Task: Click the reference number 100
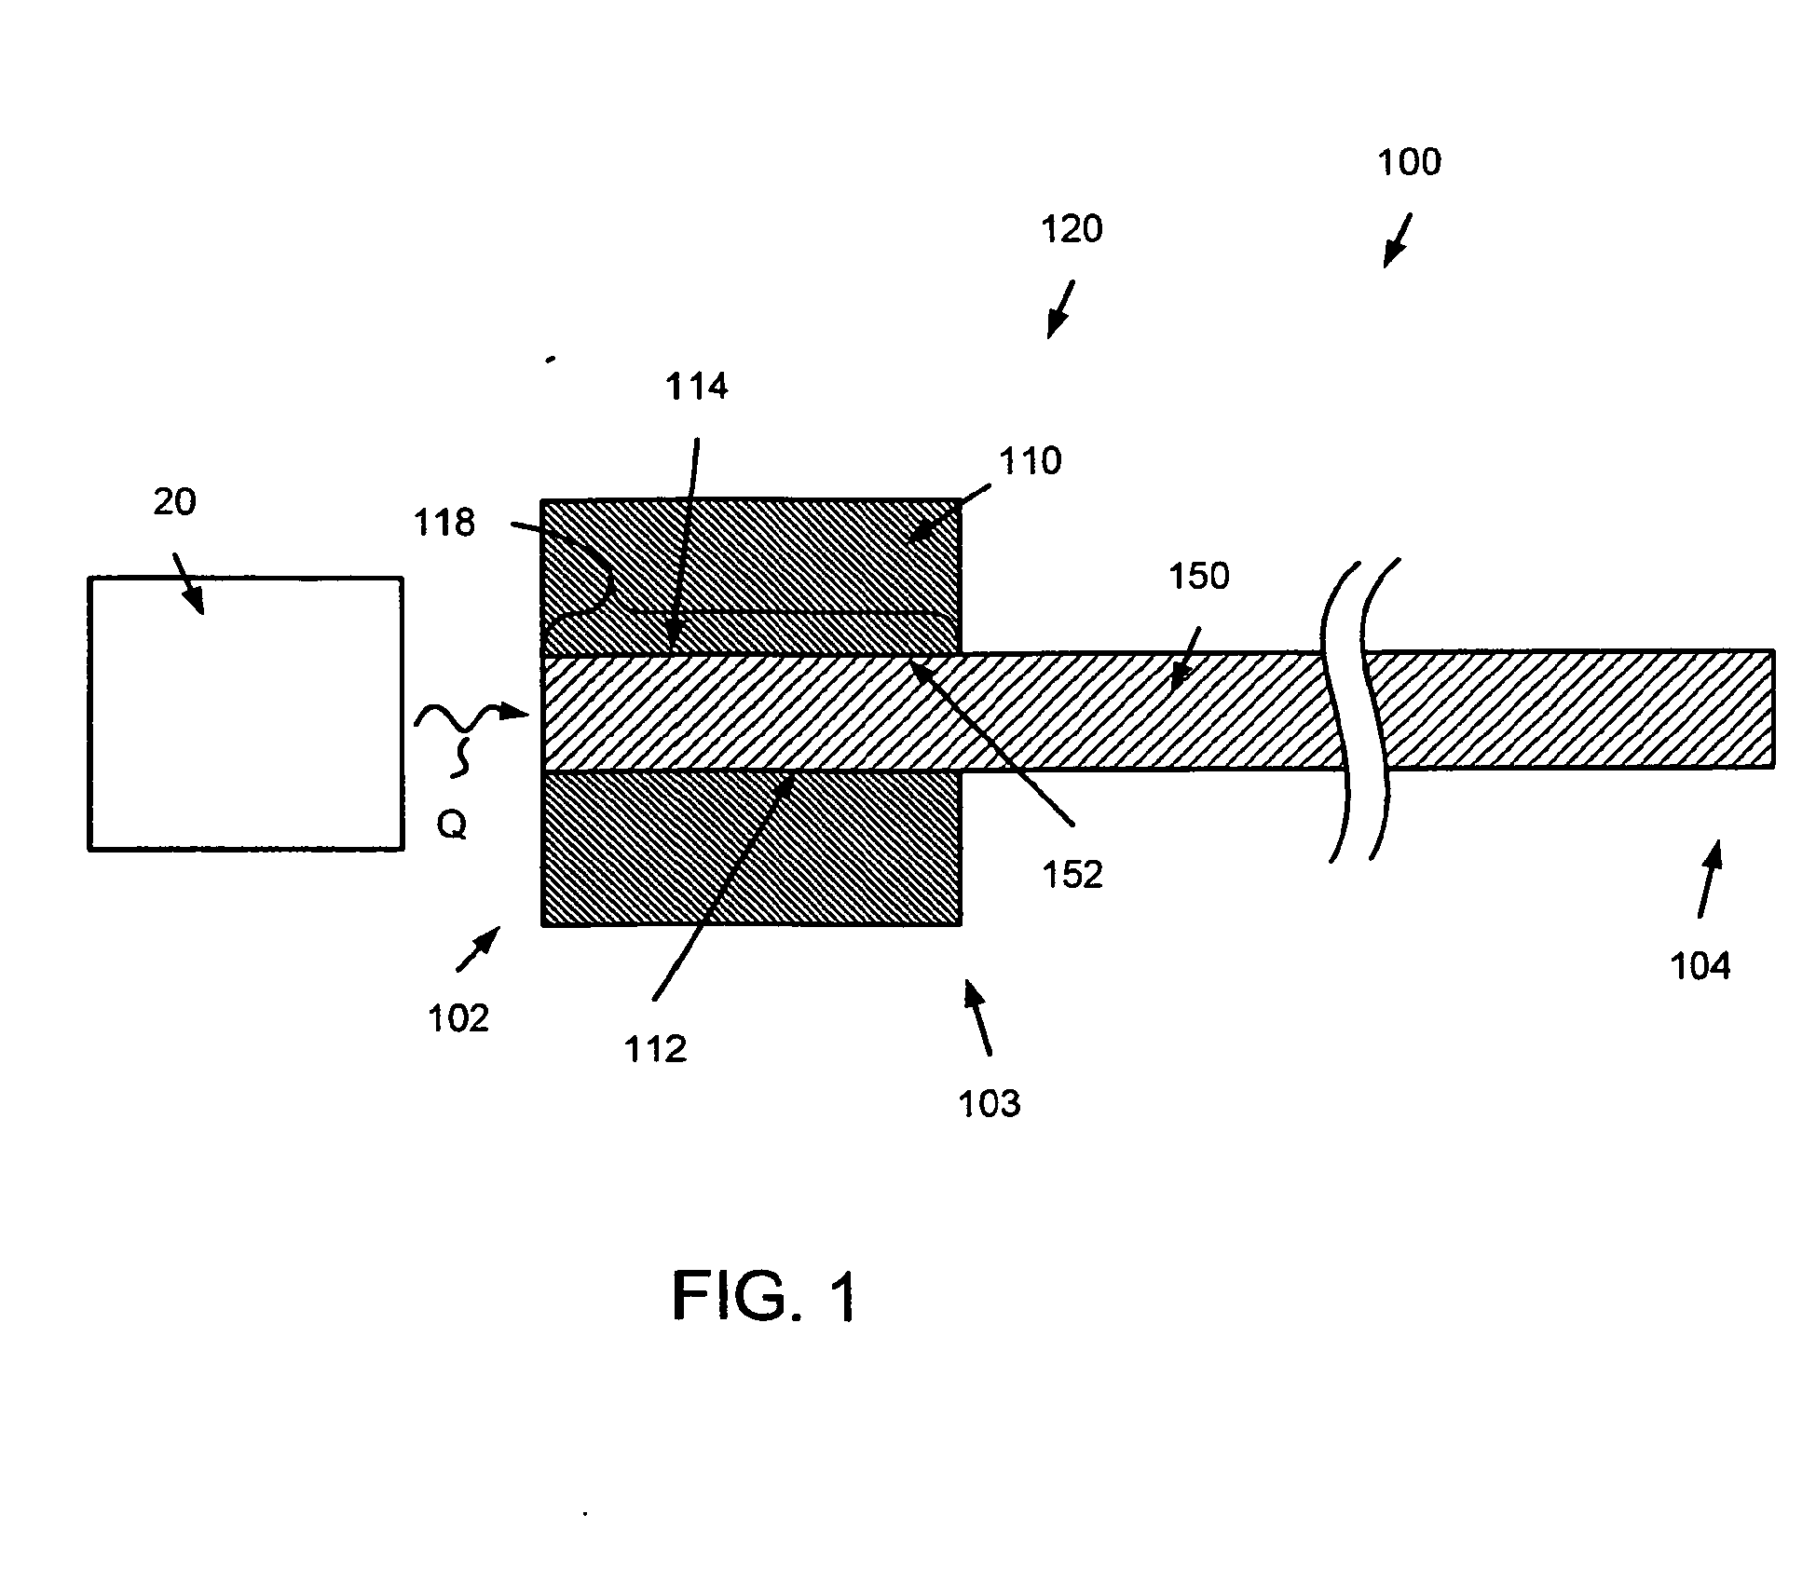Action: pyautogui.click(x=1409, y=162)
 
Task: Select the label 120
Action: pyautogui.click(x=1072, y=229)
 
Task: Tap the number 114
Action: pyautogui.click(x=696, y=387)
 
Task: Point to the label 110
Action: pyautogui.click(x=1030, y=461)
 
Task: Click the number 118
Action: pyautogui.click(x=444, y=523)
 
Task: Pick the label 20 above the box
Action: pyautogui.click(x=174, y=502)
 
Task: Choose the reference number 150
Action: pyautogui.click(x=1198, y=576)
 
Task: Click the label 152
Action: pyautogui.click(x=1072, y=874)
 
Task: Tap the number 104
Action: pyautogui.click(x=1700, y=966)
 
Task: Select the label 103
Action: pyautogui.click(x=990, y=1103)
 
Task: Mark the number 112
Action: pyautogui.click(x=655, y=1049)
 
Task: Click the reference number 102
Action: pyautogui.click(x=457, y=1018)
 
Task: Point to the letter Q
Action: pyautogui.click(x=452, y=825)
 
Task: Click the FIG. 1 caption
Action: pyautogui.click(x=763, y=1297)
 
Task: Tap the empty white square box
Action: pyautogui.click(x=246, y=714)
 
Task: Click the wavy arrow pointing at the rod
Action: pyautogui.click(x=471, y=722)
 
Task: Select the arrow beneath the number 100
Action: pyautogui.click(x=1396, y=240)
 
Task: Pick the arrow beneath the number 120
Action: pyautogui.click(x=1060, y=309)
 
